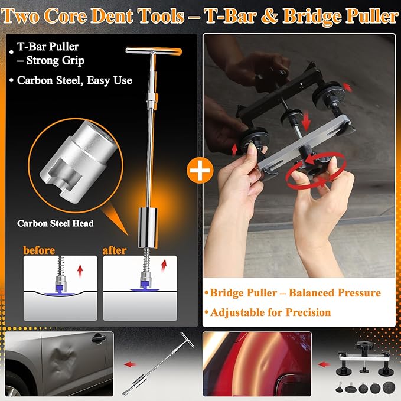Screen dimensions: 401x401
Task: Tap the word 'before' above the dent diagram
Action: [40, 250]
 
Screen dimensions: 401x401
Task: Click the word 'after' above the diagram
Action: [114, 250]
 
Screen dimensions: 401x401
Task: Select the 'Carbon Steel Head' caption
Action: [56, 223]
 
